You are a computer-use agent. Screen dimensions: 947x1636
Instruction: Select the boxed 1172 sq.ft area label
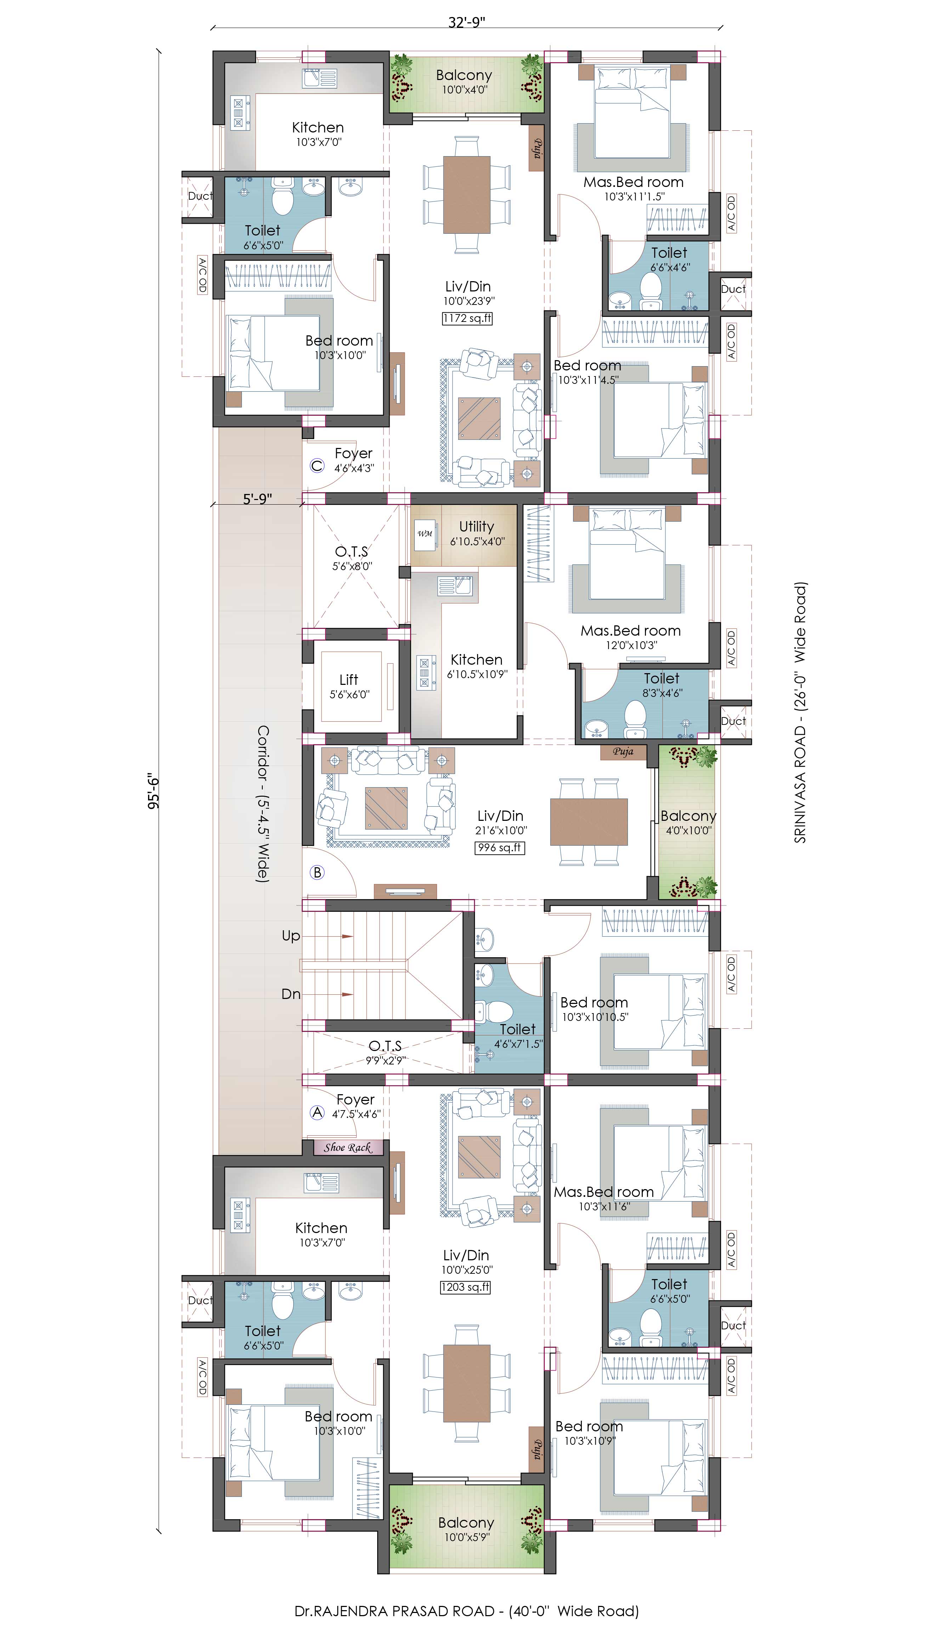(x=467, y=318)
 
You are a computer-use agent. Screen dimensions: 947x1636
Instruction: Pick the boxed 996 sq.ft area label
(x=499, y=847)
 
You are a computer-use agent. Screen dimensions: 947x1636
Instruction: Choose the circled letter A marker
(x=317, y=1112)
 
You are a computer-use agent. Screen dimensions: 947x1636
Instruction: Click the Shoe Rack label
(x=347, y=1147)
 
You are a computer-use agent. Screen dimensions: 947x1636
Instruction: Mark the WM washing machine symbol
(x=425, y=534)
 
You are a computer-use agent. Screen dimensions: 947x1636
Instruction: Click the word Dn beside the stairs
(x=291, y=994)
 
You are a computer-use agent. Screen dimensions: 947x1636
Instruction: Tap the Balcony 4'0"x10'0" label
(x=688, y=822)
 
